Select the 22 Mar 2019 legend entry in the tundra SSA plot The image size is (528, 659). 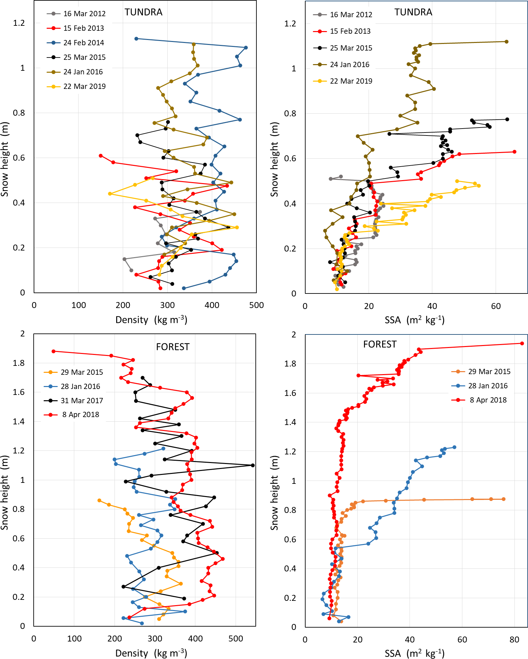[351, 81]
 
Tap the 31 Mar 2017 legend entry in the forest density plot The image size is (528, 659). [82, 401]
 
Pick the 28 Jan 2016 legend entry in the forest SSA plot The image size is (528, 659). [488, 386]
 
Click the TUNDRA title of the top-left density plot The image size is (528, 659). [144, 12]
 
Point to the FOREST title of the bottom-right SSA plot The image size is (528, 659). [379, 344]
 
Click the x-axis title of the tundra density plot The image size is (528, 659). [151, 320]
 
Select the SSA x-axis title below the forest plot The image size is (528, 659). [414, 653]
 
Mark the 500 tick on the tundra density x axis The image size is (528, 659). [256, 305]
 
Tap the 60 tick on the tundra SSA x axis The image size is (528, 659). [496, 306]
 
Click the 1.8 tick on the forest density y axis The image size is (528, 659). [19, 363]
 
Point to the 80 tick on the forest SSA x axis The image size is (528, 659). [514, 640]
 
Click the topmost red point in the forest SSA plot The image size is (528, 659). [522, 343]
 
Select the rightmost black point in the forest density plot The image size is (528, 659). [253, 465]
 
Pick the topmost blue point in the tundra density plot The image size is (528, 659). [136, 39]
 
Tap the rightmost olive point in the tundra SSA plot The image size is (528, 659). [507, 42]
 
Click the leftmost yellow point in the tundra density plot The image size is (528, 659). [110, 194]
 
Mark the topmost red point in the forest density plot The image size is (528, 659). [53, 351]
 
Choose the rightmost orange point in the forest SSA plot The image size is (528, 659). [504, 499]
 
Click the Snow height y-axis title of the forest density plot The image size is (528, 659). [5, 492]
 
